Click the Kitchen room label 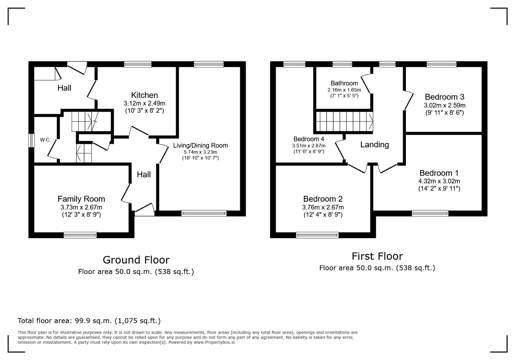144,95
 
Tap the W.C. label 45,140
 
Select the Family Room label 81,199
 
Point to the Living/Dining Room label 200,145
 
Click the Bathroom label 344,83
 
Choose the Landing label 375,145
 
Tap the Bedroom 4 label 309,139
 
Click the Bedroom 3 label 444,97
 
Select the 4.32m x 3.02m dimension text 439,181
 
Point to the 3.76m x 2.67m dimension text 323,207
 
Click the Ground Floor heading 136,260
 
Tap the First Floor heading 377,256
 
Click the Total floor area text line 89,321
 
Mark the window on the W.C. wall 31,141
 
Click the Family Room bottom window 80,235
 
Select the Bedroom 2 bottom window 317,235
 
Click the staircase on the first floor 344,121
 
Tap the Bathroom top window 342,64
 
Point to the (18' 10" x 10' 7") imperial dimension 200,158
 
